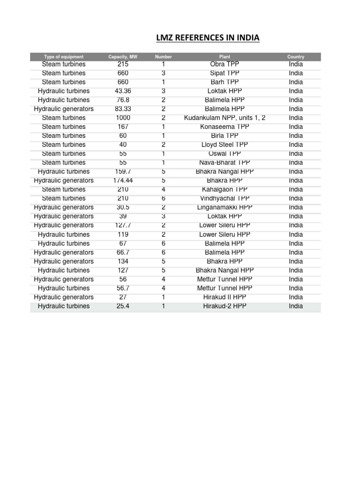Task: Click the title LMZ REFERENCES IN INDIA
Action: [208, 37]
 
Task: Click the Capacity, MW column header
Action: [123, 57]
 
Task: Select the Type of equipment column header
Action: [63, 57]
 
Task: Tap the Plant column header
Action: [225, 57]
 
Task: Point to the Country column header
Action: [296, 57]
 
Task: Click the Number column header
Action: [163, 57]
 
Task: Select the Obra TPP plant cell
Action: [225, 64]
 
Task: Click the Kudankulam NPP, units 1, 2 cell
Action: [225, 118]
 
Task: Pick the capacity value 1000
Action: [123, 118]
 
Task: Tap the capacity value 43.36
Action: [123, 91]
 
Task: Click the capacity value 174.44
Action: [123, 180]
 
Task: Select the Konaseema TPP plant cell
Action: [225, 127]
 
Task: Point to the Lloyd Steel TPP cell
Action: [225, 145]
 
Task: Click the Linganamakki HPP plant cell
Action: [225, 207]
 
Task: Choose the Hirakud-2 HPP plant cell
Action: [225, 307]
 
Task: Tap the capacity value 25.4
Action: [123, 307]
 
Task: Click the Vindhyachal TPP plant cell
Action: [225, 198]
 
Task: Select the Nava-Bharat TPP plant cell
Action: [225, 163]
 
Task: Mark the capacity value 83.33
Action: [123, 109]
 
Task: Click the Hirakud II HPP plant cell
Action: [225, 297]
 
